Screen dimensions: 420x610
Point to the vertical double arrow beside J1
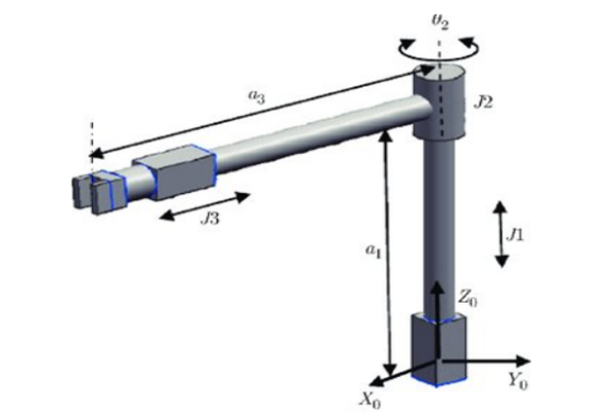pyautogui.click(x=500, y=234)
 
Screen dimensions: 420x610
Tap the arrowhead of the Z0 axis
pyautogui.click(x=436, y=286)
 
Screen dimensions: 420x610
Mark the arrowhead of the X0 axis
pyautogui.click(x=376, y=380)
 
